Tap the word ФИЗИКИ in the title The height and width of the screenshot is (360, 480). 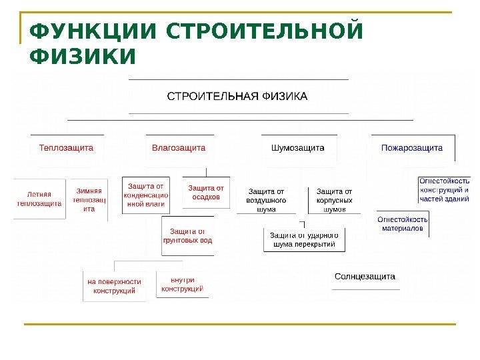point(82,57)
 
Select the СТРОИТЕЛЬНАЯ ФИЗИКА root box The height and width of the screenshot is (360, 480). point(237,97)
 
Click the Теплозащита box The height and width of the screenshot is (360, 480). point(66,147)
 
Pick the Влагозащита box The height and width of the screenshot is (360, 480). point(179,147)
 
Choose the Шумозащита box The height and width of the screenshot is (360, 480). point(297,147)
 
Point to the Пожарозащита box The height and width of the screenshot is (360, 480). point(412,147)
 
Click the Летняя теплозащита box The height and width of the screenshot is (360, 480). point(39,199)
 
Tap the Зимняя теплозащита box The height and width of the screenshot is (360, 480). point(89,199)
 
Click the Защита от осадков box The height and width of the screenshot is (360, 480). point(206,193)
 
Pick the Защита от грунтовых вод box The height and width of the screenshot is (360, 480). point(187,236)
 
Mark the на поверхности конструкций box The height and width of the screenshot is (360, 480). point(115,286)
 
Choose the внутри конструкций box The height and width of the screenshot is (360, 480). point(182,284)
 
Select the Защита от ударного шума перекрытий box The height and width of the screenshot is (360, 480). point(305,239)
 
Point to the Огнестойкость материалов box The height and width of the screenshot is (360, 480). point(403,223)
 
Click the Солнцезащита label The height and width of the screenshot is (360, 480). point(365,276)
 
